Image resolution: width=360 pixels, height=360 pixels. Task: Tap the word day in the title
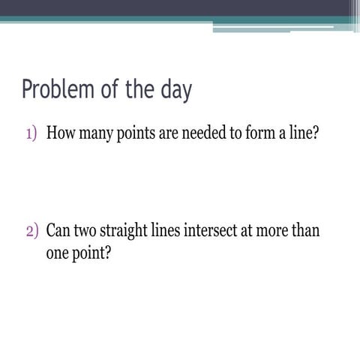pos(175,91)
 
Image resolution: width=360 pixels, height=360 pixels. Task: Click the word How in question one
pos(59,134)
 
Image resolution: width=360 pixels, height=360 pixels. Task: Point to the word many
pos(95,135)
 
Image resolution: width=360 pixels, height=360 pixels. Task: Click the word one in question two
pos(57,253)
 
